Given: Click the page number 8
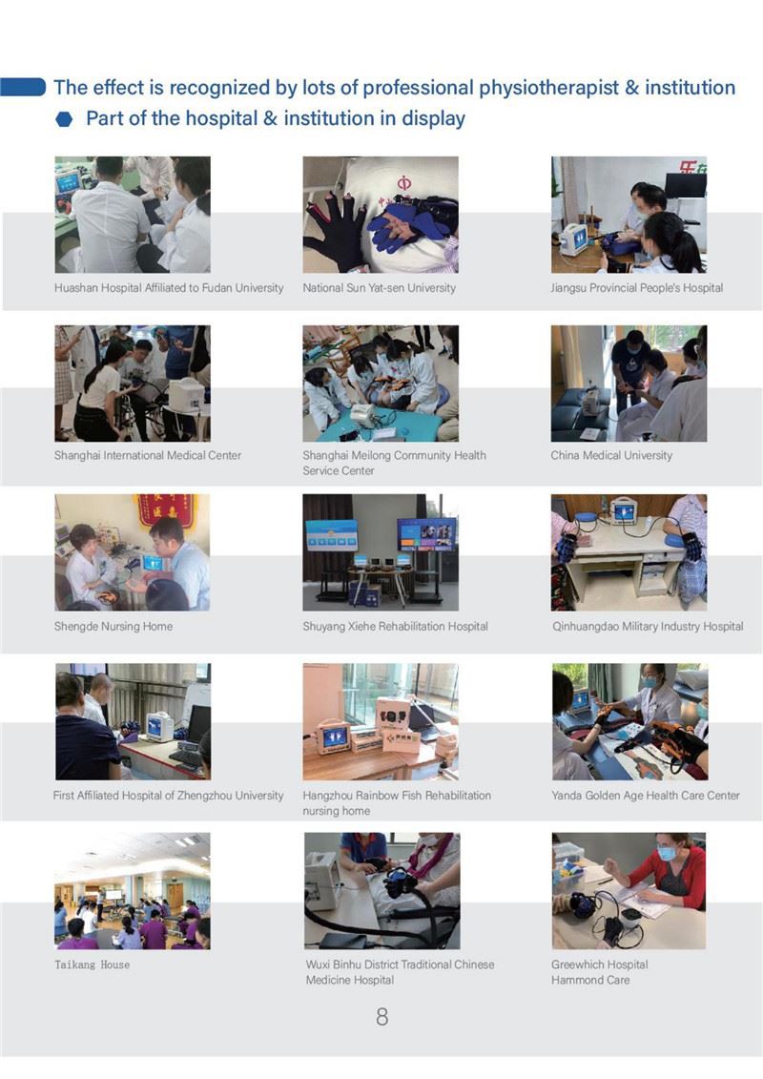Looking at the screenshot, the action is click(381, 1016).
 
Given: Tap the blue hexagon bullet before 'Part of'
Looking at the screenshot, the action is click(64, 120).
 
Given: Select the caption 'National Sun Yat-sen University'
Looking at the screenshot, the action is click(379, 288).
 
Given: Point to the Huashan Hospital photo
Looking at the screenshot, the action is click(133, 215).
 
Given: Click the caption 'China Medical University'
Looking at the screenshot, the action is click(611, 455).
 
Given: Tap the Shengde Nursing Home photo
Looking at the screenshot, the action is click(133, 551).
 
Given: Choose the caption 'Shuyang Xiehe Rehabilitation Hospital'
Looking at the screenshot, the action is click(395, 626).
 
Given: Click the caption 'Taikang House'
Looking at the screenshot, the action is click(93, 965).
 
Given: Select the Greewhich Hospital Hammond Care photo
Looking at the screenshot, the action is click(629, 891).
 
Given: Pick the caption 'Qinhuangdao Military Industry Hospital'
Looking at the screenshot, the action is click(648, 626).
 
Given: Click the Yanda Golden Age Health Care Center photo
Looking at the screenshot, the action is click(629, 721).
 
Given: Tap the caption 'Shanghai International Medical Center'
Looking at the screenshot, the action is click(148, 455).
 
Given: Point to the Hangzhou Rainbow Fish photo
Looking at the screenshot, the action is click(381, 721).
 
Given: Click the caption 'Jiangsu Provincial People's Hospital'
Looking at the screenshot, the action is click(636, 288).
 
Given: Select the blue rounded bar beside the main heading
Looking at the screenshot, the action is click(23, 87).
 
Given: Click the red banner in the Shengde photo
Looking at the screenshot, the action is click(164, 509).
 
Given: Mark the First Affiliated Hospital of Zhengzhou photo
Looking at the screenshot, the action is click(133, 721).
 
